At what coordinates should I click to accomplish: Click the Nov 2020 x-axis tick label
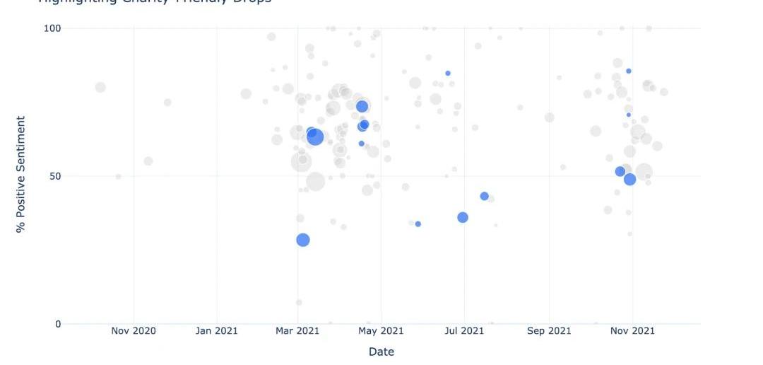coord(133,330)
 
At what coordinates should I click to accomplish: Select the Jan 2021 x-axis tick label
coord(216,330)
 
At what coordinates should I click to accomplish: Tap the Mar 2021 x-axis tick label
coord(297,330)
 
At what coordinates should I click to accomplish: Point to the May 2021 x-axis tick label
coord(381,330)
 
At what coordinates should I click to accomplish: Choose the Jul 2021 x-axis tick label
coord(465,330)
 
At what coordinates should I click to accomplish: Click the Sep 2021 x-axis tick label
coord(549,330)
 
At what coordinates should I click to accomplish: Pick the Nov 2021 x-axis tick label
coord(632,330)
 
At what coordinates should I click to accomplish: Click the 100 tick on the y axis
coord(54,28)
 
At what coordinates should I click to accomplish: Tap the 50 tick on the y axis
coord(56,176)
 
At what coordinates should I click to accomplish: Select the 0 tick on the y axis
coord(59,324)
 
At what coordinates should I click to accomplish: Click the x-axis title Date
coord(381,352)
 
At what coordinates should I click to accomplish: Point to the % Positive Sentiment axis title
coord(20,175)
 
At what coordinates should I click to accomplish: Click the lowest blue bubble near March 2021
coord(303,240)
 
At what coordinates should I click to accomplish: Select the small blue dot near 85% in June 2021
coord(448,73)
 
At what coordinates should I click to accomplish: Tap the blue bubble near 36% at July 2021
coord(463,217)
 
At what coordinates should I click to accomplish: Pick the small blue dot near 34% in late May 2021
coord(418,224)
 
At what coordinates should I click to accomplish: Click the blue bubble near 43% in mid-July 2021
coord(485,196)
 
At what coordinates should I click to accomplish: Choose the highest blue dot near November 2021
coord(629,71)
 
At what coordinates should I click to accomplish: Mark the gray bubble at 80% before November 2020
coord(100,87)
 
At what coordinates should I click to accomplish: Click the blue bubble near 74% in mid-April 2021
coord(362,106)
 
